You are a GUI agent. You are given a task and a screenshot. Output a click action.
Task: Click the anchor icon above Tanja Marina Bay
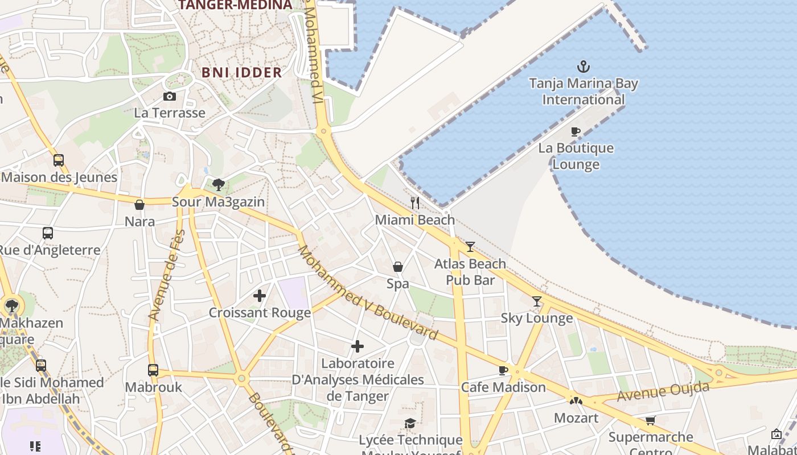(583, 67)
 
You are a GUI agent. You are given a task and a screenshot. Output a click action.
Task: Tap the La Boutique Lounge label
(576, 156)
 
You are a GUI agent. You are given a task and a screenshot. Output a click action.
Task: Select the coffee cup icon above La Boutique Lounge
(576, 132)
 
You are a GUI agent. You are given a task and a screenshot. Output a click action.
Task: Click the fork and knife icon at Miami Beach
(415, 202)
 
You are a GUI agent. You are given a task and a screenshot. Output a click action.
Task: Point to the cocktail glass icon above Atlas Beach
(470, 246)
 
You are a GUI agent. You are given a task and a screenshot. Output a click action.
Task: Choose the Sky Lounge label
(536, 318)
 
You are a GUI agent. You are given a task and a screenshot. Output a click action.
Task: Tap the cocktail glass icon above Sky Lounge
(536, 301)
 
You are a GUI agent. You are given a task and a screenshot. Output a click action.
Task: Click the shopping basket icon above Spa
(398, 267)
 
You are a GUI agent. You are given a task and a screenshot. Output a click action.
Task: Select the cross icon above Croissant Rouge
(260, 295)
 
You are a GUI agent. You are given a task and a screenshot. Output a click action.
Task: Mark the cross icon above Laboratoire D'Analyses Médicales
(358, 346)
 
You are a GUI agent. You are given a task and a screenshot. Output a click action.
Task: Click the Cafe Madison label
(503, 387)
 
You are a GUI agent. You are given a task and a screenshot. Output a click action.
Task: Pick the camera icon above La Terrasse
(169, 96)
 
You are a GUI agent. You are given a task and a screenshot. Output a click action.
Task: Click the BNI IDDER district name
(242, 73)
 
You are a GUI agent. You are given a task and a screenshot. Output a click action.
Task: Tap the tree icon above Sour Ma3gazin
(218, 184)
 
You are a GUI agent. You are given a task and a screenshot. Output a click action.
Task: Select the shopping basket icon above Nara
(139, 205)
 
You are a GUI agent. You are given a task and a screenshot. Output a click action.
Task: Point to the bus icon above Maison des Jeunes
(59, 160)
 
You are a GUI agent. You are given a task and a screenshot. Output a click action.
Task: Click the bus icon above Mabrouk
(153, 370)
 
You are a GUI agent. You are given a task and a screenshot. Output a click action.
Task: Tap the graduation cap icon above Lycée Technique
(410, 423)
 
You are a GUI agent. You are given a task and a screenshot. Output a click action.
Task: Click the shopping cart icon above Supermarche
(650, 420)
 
